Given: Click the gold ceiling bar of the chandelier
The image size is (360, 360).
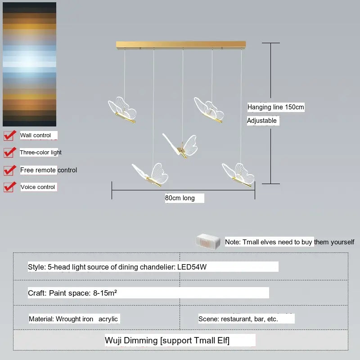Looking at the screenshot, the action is [x=181, y=45].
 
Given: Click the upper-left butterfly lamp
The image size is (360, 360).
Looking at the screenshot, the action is [x=122, y=110].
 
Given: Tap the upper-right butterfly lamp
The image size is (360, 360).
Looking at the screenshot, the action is [x=209, y=110].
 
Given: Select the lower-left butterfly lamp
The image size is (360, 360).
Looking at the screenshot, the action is [x=150, y=175].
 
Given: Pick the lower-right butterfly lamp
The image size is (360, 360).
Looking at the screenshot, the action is [x=238, y=175].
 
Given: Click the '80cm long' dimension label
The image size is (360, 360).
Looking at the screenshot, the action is [x=180, y=198].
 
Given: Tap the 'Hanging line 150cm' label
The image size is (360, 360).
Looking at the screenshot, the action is [x=275, y=107].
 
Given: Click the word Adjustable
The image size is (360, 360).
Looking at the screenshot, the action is [x=262, y=121].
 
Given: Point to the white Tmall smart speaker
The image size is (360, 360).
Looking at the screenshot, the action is [x=208, y=242].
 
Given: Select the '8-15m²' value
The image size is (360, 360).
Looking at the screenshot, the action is [x=105, y=293].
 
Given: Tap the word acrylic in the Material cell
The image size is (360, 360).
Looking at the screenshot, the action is [x=108, y=319].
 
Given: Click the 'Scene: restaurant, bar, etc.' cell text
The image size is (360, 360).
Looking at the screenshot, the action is [x=238, y=319].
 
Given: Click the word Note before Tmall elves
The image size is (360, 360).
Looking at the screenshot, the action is [x=233, y=242].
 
